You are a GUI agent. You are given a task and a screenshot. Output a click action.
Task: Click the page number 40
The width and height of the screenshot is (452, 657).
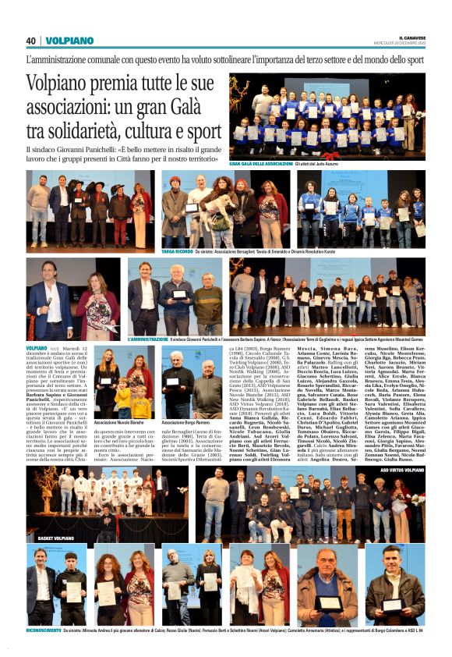point(30,41)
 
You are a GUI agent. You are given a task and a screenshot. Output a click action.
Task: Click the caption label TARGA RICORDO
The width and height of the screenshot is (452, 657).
point(175,254)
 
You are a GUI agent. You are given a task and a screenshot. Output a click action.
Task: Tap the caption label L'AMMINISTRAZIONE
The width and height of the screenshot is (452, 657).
point(146,339)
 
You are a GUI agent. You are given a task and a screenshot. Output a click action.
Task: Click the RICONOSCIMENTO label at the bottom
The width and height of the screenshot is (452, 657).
point(44,629)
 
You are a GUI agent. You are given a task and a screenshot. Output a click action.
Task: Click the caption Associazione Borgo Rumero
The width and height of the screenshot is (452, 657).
point(186,422)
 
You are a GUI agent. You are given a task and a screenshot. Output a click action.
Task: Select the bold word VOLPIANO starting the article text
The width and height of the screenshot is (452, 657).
point(36,346)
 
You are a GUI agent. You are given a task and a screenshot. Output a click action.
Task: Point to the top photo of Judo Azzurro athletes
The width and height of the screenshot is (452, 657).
point(327,116)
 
